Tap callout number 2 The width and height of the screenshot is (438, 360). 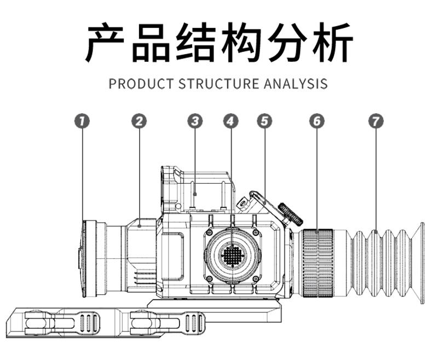coord(139,121)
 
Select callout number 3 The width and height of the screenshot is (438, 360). coord(195,121)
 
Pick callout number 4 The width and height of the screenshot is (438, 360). coord(231,121)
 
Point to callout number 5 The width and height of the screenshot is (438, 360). coord(264,121)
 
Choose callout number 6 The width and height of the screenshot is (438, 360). coord(316,121)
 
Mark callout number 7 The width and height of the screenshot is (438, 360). coord(374,121)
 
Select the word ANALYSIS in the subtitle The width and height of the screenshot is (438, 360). coord(296,84)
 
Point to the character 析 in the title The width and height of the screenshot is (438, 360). coord(330,42)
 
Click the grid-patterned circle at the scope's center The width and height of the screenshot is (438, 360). coord(232,255)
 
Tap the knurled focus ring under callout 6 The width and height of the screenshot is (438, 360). coord(317,263)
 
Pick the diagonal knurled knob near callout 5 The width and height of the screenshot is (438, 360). coord(291,213)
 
